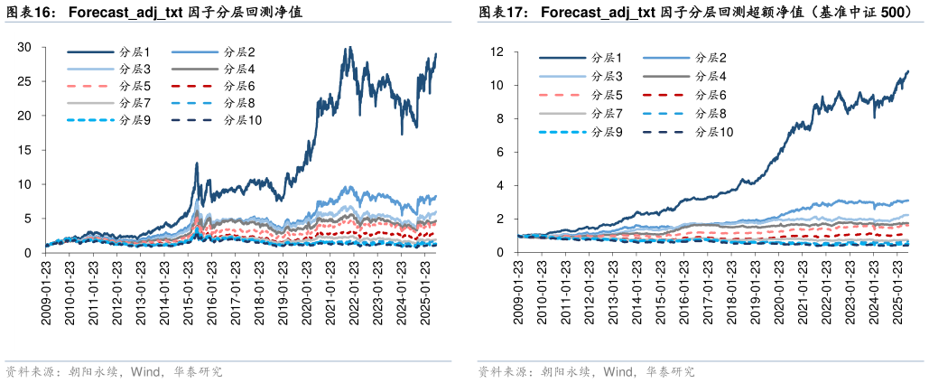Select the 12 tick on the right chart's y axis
tap(508, 51)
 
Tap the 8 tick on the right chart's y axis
tap(511, 118)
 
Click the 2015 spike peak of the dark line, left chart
tap(196, 164)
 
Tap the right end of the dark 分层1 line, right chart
tap(907, 70)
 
